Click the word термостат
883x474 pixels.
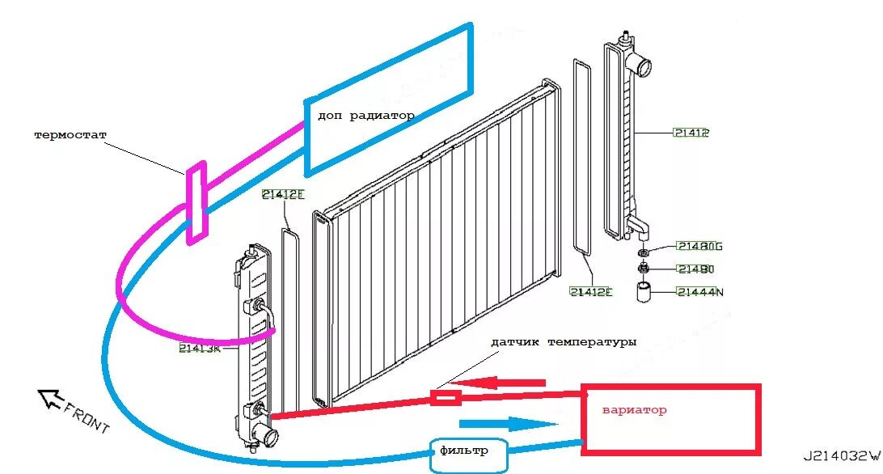(x=70, y=134)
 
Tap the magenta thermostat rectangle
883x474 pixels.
(x=196, y=202)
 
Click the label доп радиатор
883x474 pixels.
(x=365, y=116)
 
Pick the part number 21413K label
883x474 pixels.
(x=200, y=349)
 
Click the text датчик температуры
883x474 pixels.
(x=564, y=343)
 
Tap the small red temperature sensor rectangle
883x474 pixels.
(x=446, y=397)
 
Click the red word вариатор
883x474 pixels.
(x=634, y=410)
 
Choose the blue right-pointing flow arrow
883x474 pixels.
(x=509, y=424)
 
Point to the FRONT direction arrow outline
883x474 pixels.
(x=50, y=397)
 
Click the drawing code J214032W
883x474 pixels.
(x=841, y=456)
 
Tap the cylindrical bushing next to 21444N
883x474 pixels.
(x=644, y=292)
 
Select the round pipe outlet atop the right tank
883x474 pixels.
(x=645, y=66)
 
